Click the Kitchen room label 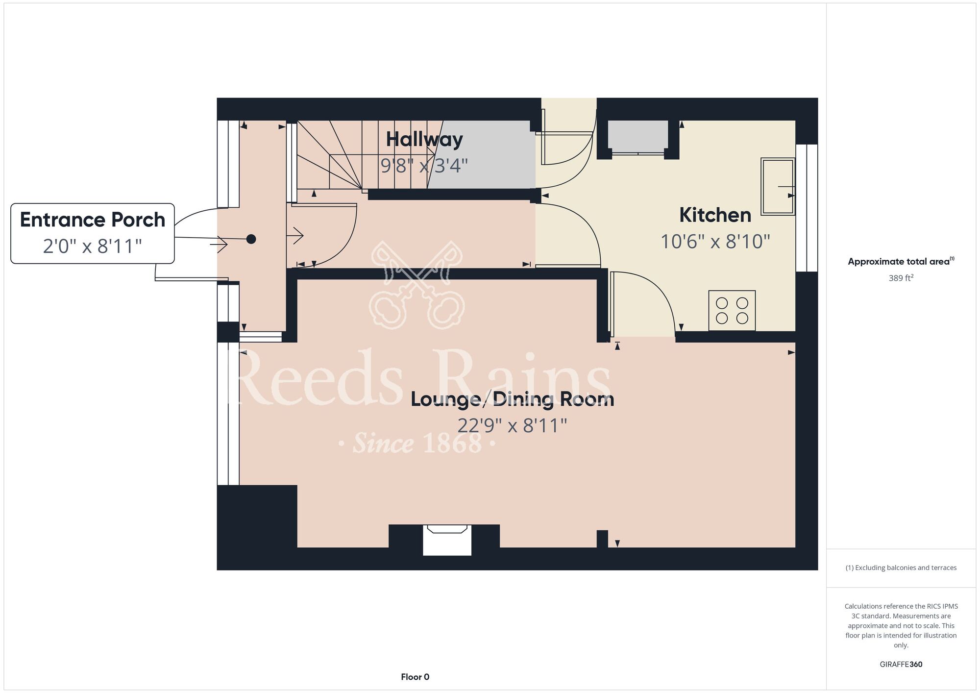[715, 215]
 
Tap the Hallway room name [424, 140]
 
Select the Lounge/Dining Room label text [512, 399]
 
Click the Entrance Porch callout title [93, 220]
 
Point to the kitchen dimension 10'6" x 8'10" [715, 242]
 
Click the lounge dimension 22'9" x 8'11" [512, 425]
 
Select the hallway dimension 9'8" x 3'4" [424, 166]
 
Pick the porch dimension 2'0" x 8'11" [93, 246]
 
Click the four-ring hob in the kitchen [732, 311]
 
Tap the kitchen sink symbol [778, 186]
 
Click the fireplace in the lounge [447, 540]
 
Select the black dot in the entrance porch [251, 239]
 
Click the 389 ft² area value [901, 278]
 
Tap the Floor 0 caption [415, 677]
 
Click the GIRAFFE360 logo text [901, 665]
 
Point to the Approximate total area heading [901, 261]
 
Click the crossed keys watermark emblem [417, 285]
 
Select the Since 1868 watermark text [417, 444]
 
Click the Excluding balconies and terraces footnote [901, 568]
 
